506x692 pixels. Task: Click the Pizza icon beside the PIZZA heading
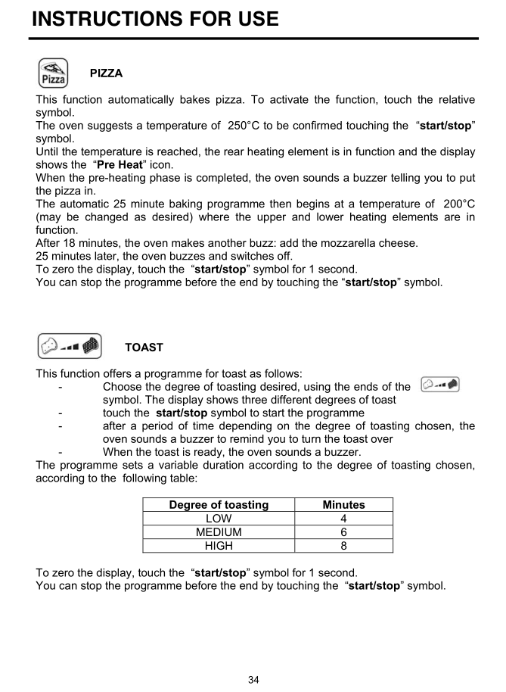[x=52, y=73]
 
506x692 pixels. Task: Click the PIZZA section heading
[x=106, y=73]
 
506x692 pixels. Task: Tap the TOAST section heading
[x=144, y=348]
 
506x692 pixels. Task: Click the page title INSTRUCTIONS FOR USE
[x=155, y=18]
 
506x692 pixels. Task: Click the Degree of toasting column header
[x=219, y=505]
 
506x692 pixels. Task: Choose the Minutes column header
[x=343, y=505]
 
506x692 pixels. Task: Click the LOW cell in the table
[x=219, y=519]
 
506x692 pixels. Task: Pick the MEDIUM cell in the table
[x=219, y=532]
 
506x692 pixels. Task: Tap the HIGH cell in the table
[x=219, y=546]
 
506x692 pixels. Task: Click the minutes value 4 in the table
[x=343, y=519]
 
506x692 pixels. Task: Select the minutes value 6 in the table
[x=343, y=532]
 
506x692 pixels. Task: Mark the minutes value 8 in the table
[x=343, y=546]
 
